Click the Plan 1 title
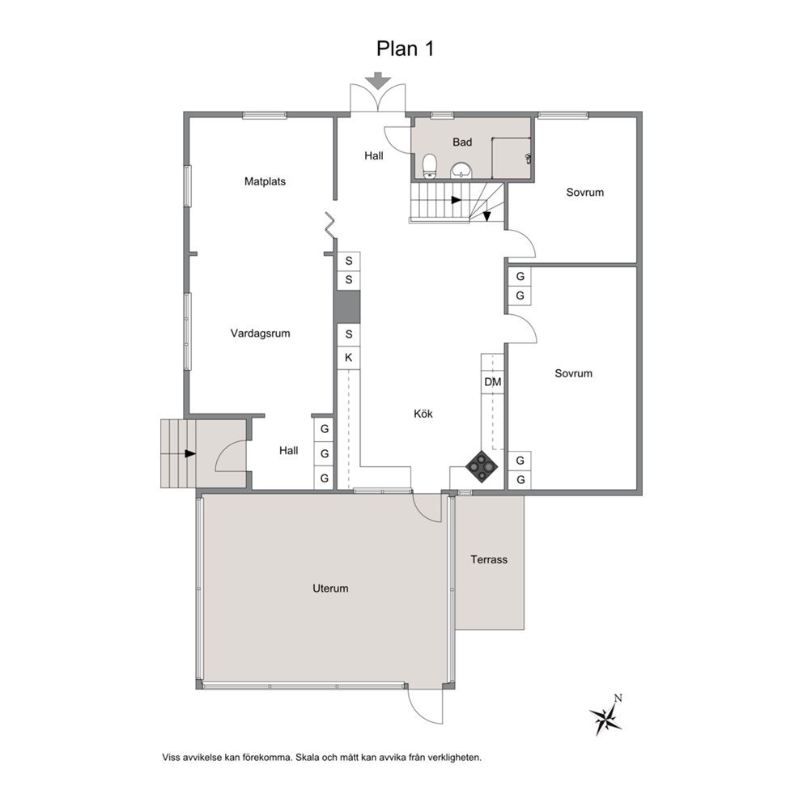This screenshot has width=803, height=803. click(x=405, y=49)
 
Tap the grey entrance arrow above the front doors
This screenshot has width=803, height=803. click(x=378, y=81)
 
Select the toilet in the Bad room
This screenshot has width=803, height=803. click(x=429, y=166)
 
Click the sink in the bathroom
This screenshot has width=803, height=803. click(x=462, y=169)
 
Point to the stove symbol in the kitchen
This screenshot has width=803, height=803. click(x=482, y=466)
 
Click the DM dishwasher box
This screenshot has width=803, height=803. click(x=493, y=382)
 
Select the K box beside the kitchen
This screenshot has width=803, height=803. click(x=348, y=358)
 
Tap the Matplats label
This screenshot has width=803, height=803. click(x=265, y=181)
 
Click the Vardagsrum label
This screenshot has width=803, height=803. click(x=260, y=334)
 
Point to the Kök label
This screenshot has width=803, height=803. click(x=423, y=414)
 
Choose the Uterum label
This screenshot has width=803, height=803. click(x=330, y=588)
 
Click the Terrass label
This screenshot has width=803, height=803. click(x=489, y=559)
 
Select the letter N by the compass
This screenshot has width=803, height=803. click(x=618, y=698)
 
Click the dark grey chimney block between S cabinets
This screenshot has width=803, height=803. click(x=347, y=307)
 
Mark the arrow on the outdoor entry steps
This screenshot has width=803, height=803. click(x=190, y=454)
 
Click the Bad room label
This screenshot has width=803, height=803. click(x=462, y=142)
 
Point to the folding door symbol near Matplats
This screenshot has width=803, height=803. click(x=330, y=225)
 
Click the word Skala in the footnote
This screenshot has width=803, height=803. click(x=308, y=758)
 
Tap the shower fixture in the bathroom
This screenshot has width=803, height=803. click(x=528, y=158)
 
